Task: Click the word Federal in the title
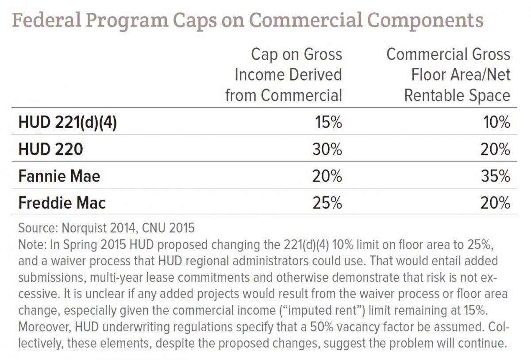click(47, 20)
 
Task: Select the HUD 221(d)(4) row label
click(68, 123)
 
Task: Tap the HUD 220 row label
click(51, 149)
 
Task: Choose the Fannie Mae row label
click(59, 176)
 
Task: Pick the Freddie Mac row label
click(62, 203)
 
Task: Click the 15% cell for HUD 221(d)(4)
click(328, 122)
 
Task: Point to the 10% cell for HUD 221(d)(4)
click(496, 122)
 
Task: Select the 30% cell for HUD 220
click(327, 149)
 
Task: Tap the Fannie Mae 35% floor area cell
click(496, 176)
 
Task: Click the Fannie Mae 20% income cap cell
click(327, 176)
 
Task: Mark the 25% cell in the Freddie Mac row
click(327, 203)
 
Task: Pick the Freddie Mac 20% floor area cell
click(495, 203)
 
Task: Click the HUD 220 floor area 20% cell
click(495, 149)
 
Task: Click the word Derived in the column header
click(316, 75)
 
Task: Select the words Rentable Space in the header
click(457, 96)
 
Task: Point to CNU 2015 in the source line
click(168, 228)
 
